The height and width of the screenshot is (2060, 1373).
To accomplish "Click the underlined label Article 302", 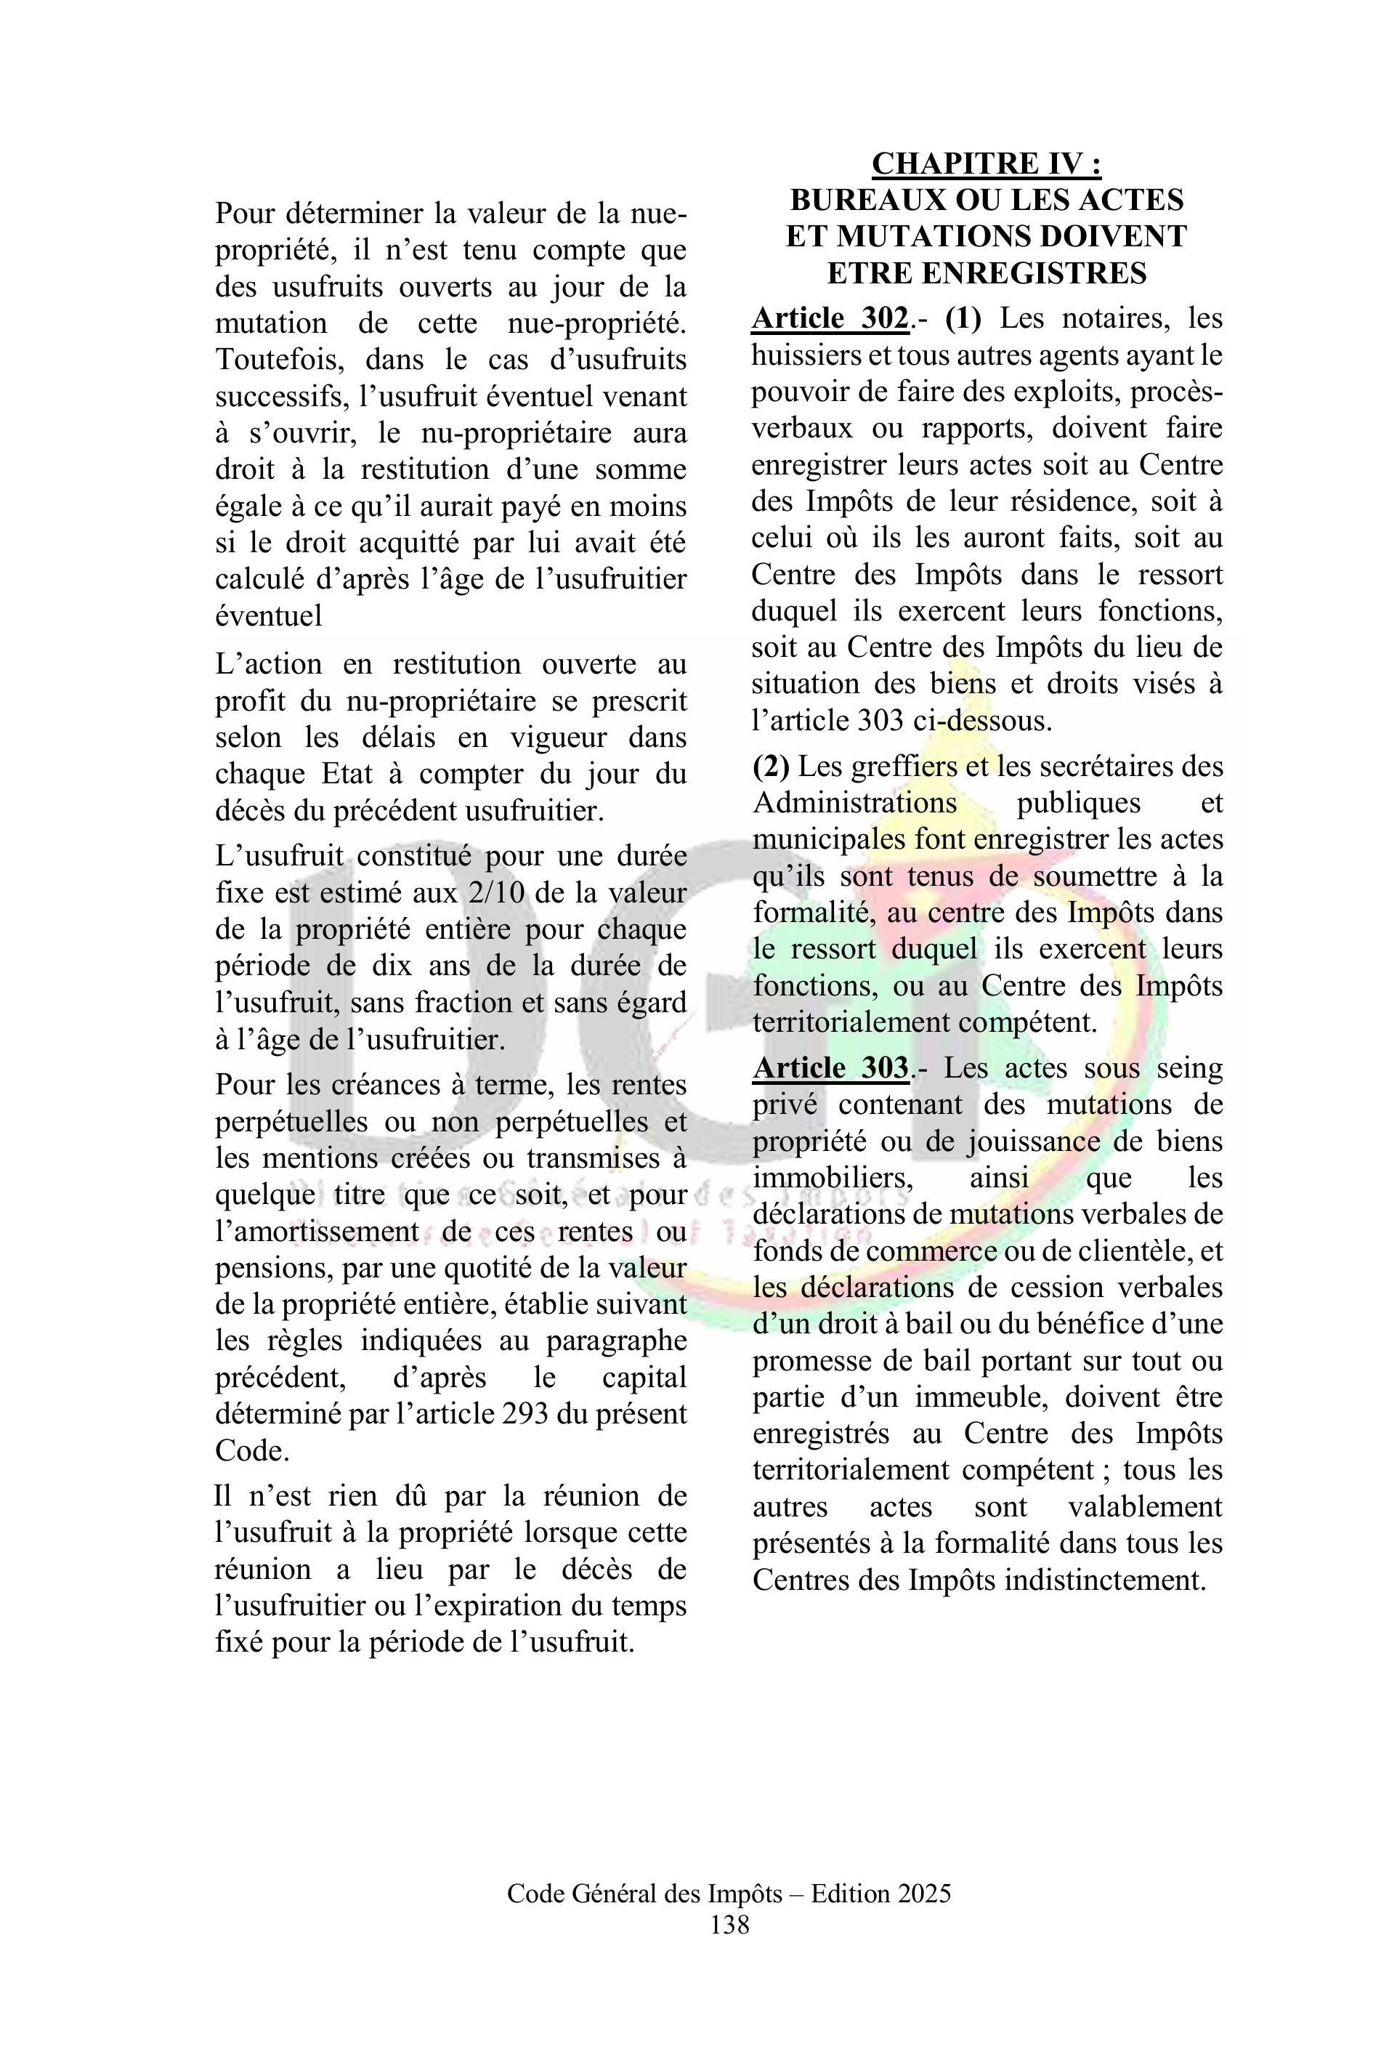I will tap(828, 319).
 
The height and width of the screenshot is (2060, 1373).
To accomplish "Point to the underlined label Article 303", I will tap(829, 1069).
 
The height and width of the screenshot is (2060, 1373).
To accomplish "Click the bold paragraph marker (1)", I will tap(963, 319).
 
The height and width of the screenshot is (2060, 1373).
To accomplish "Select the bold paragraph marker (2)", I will tap(771, 767).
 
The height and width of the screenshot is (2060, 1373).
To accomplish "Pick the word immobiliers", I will tap(832, 1178).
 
